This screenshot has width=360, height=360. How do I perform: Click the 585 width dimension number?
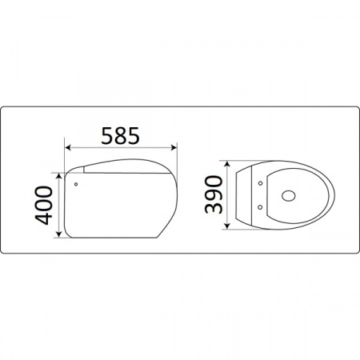tap(120, 135)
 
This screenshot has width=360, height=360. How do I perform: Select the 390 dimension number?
tap(213, 194)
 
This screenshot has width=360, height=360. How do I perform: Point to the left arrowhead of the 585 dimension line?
tap(68, 148)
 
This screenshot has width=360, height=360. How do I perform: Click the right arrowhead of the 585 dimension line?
tap(174, 148)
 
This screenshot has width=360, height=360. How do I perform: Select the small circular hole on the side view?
tap(76, 184)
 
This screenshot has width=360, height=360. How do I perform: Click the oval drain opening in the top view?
tap(289, 194)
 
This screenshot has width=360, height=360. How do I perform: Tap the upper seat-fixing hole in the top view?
tap(261, 182)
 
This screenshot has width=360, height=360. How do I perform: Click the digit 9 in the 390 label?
tap(213, 194)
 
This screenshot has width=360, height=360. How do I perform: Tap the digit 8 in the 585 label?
tap(120, 135)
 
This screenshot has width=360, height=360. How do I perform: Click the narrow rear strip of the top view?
tap(243, 195)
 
